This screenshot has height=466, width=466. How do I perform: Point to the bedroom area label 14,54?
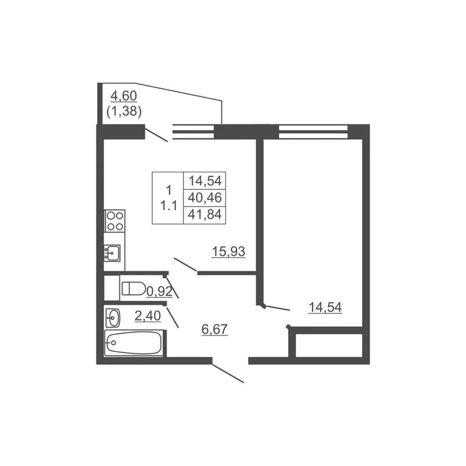tap(325, 308)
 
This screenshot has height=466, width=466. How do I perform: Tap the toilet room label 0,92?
tap(160, 292)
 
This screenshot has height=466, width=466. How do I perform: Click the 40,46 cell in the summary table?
tap(206, 197)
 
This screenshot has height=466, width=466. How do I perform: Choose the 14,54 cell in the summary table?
tap(206, 180)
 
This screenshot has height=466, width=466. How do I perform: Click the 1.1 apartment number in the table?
tap(168, 206)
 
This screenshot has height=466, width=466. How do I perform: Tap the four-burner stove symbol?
tap(115, 220)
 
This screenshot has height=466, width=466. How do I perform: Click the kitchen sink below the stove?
tap(113, 252)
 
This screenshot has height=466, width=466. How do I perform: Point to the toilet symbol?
tap(133, 289)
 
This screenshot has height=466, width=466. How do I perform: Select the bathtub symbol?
tap(133, 343)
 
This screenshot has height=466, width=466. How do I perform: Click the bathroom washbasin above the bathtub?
tap(113, 316)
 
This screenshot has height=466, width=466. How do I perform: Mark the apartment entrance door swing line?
tap(228, 374)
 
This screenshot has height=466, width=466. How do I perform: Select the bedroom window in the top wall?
tap(313, 128)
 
